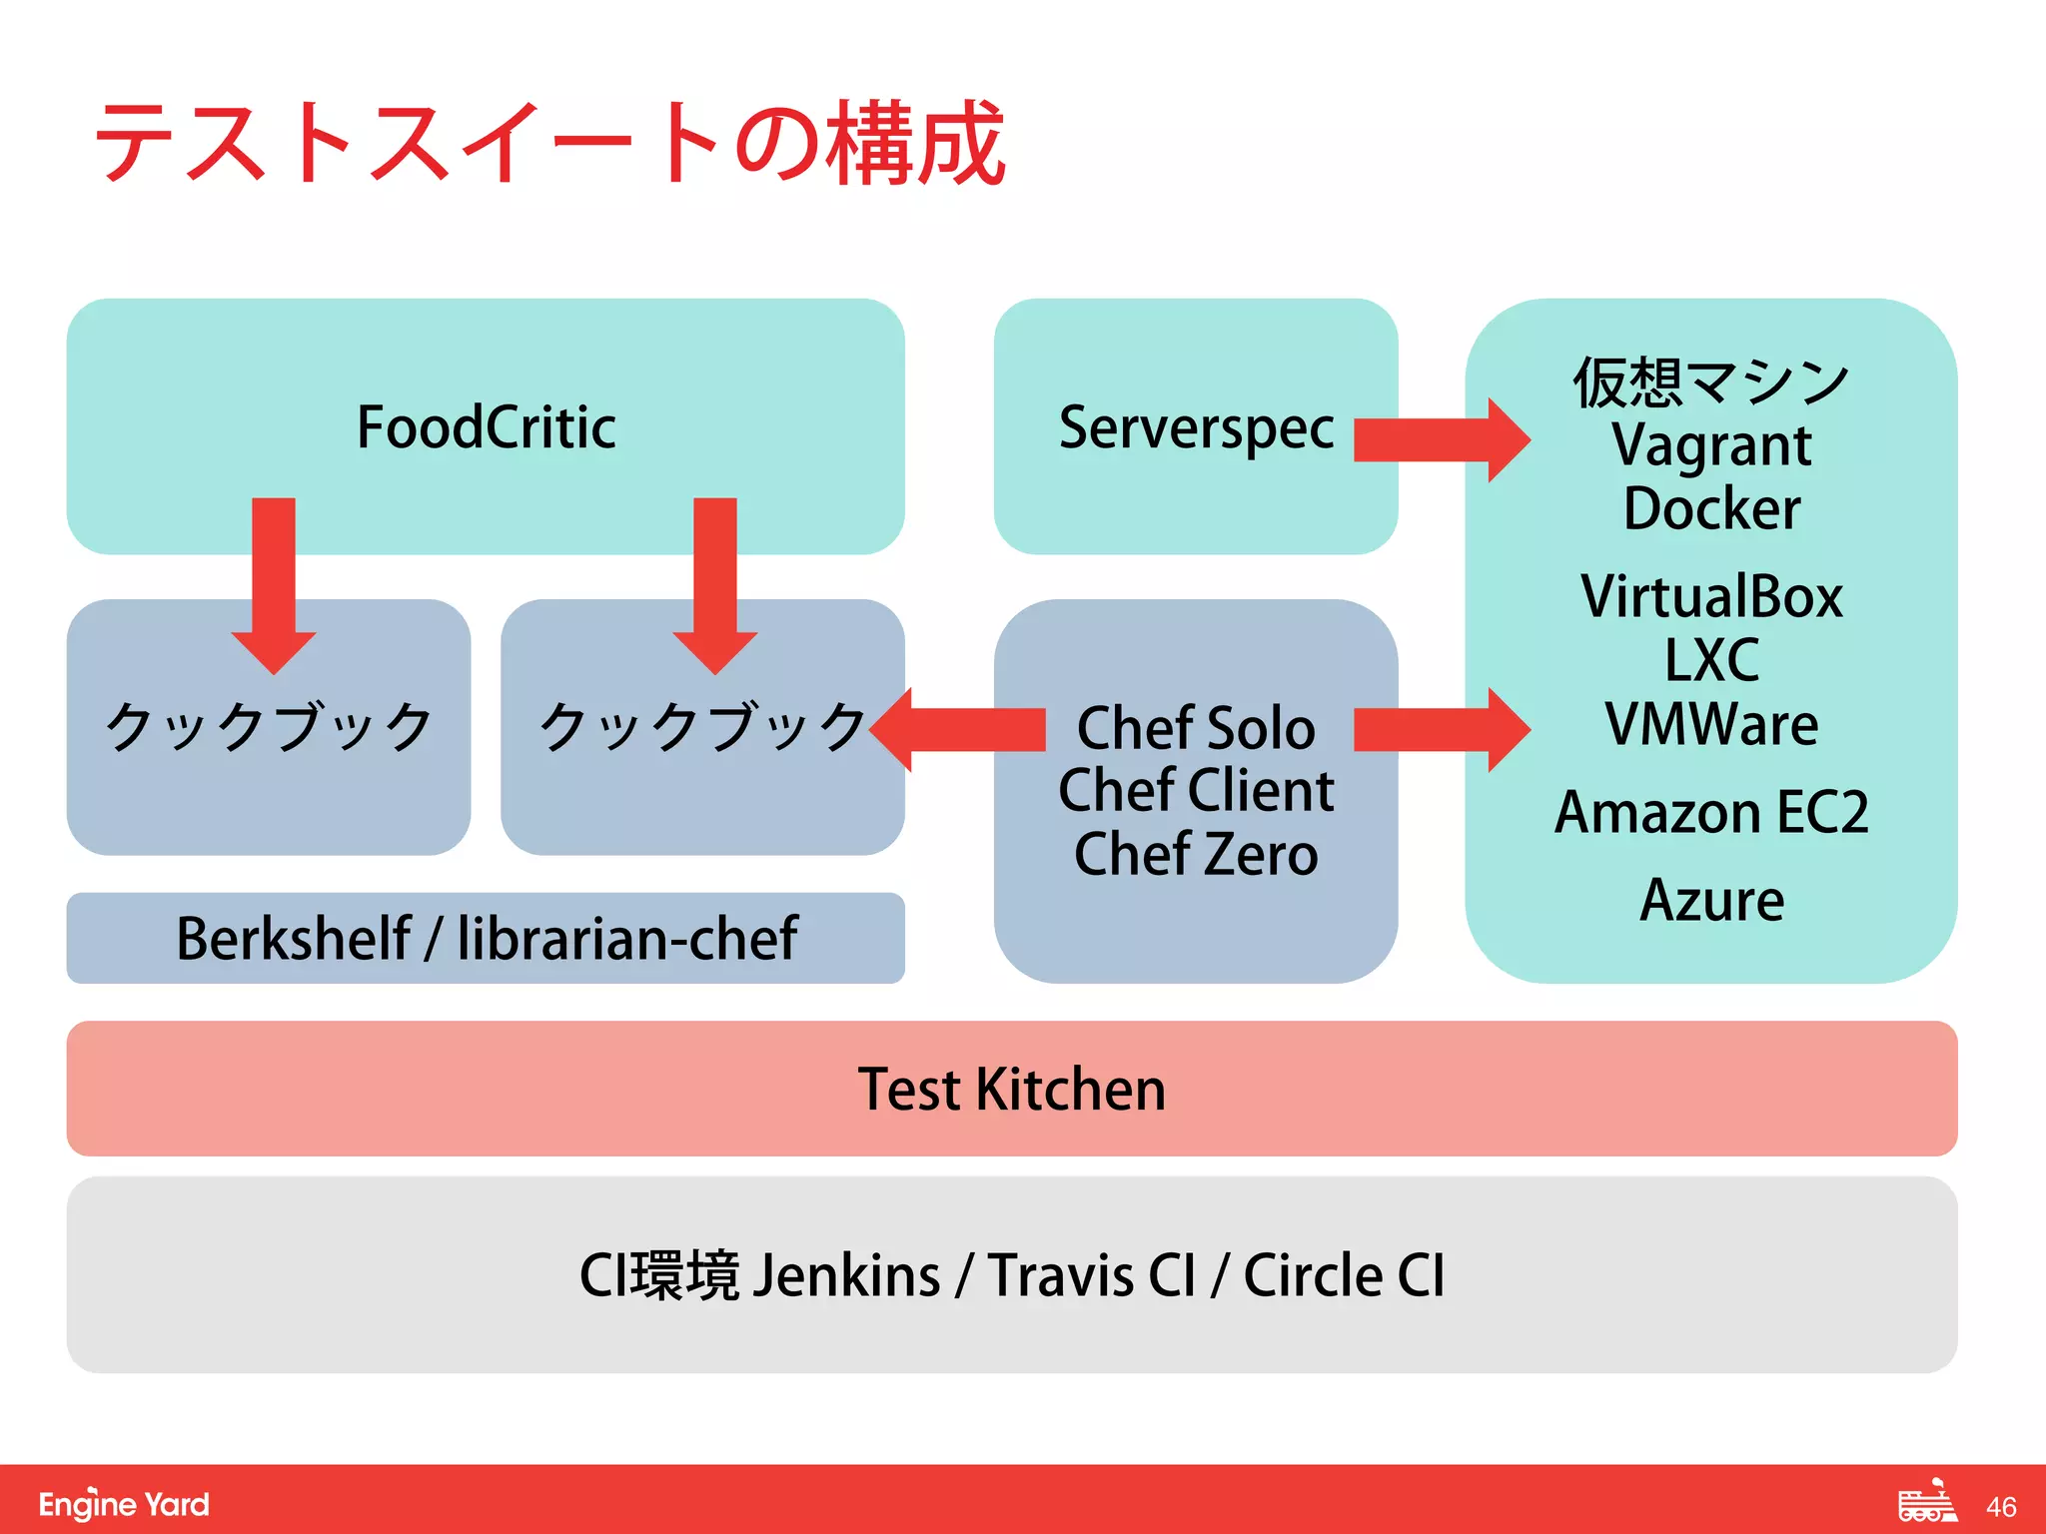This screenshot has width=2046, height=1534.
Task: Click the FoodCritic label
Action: [486, 427]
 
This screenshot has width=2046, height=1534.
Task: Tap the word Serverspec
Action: [1195, 427]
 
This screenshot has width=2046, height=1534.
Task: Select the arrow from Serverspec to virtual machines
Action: [1440, 439]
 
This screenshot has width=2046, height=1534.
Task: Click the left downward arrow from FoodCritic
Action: [273, 584]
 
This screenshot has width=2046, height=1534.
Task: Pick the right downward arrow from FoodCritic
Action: [714, 584]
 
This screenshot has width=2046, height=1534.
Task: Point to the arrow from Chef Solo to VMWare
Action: [1440, 729]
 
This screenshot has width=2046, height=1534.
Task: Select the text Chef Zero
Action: [1195, 855]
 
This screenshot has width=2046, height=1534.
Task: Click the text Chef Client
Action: [1195, 791]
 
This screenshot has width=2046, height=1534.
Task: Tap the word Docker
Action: [1711, 509]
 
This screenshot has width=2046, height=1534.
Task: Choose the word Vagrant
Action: [1711, 445]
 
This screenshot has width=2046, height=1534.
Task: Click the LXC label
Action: [1711, 660]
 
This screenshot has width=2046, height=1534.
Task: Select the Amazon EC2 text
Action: [1711, 812]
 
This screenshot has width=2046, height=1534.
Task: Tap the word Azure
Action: [1711, 900]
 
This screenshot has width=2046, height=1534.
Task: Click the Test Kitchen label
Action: [1011, 1089]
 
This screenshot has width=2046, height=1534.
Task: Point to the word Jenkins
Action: [846, 1275]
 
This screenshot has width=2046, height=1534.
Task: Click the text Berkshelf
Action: [293, 939]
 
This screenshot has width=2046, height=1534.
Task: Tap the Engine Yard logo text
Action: [124, 1504]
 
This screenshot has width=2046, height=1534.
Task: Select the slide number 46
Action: [2001, 1507]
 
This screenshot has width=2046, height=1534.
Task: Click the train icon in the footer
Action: [1927, 1502]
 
